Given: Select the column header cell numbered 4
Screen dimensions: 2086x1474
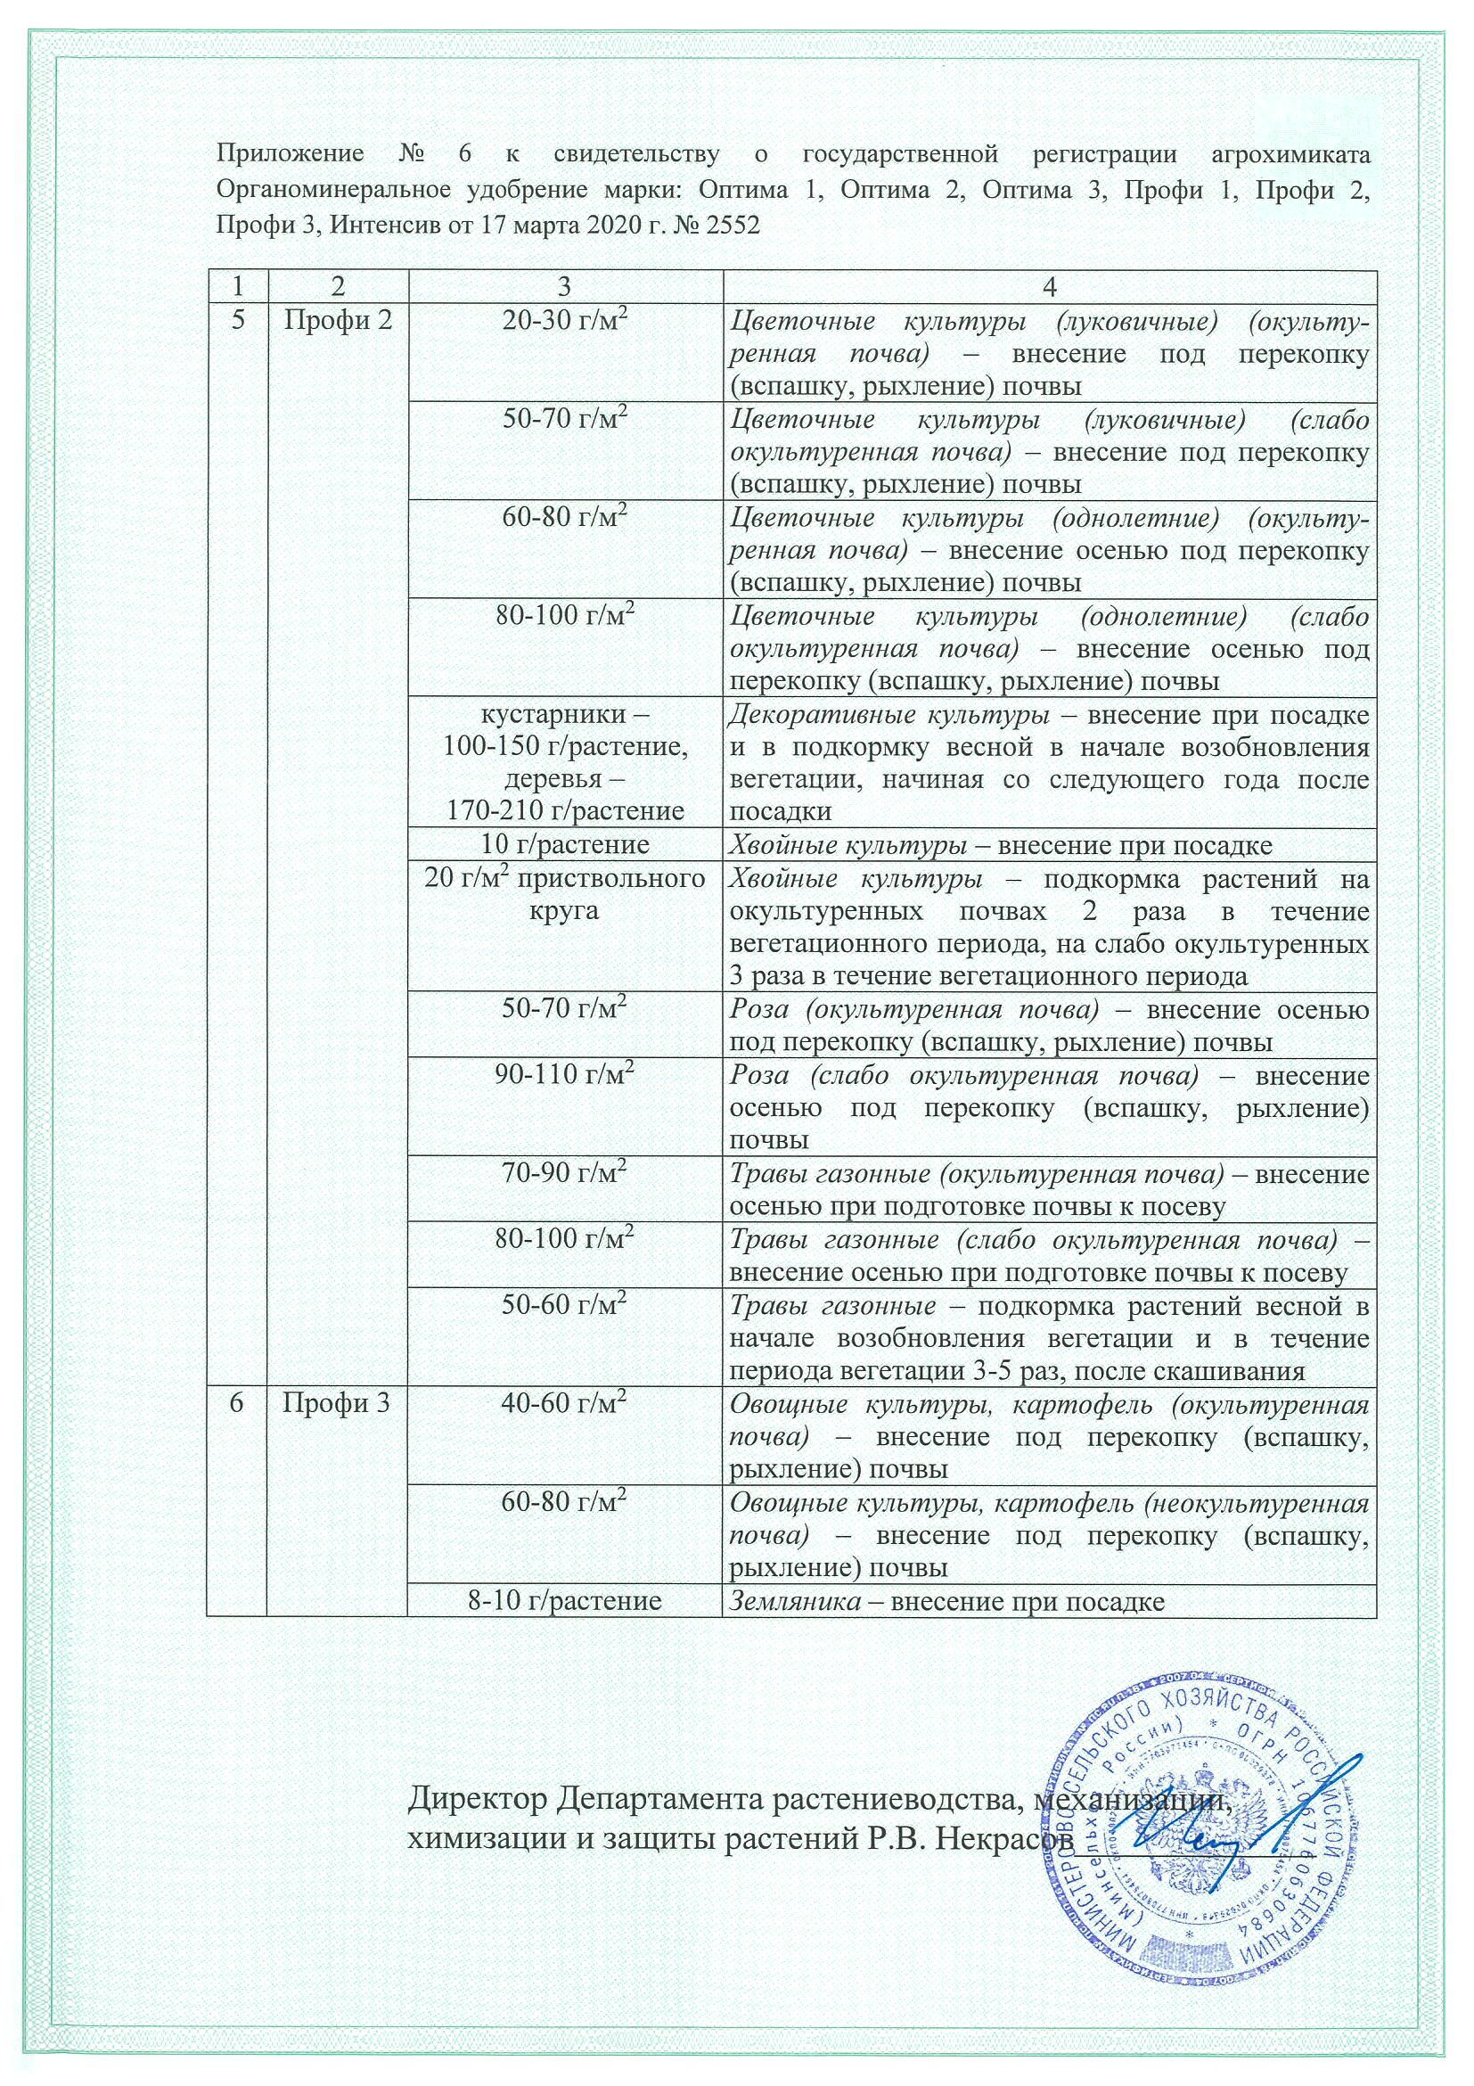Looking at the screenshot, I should coord(1049,287).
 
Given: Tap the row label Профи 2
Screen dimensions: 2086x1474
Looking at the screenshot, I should coord(337,321).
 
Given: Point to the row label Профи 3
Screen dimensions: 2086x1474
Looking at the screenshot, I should coord(336,1405).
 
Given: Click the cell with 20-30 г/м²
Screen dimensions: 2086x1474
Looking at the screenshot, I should coord(565,322).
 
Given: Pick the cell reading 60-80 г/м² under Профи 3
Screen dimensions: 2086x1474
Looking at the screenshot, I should coord(565,1504).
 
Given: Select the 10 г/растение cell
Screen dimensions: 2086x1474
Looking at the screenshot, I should coord(565,845).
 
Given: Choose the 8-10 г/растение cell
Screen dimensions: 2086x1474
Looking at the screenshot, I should coord(565,1601).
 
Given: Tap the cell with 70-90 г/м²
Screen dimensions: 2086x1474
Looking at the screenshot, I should coord(565,1174).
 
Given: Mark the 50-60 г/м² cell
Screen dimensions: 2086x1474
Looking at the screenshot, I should coord(565,1306).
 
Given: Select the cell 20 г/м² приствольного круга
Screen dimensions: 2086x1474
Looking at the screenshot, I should coord(565,894).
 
